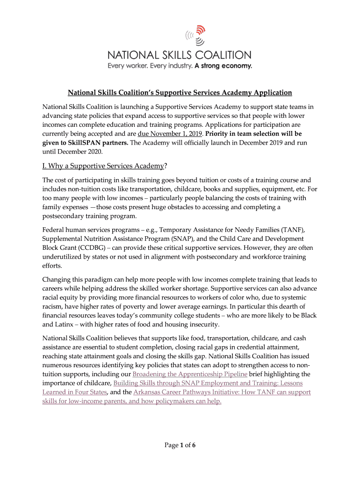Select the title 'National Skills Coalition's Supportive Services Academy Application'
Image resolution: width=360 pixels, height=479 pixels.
tap(180, 93)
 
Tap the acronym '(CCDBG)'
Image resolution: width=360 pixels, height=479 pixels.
tap(76, 247)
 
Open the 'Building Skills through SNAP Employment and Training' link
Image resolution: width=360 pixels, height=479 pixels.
tap(208, 383)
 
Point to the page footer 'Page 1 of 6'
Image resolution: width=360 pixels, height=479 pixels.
tap(180, 445)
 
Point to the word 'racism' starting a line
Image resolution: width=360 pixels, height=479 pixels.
tap(54, 306)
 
